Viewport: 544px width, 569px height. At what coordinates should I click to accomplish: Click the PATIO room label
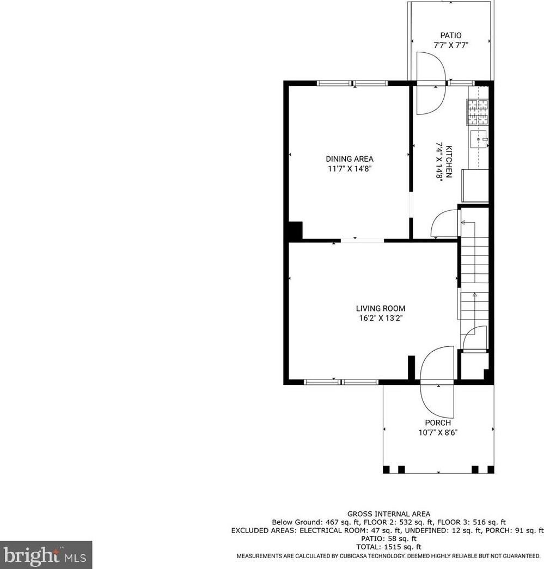(x=451, y=35)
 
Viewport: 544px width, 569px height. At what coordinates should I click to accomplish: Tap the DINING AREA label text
(x=350, y=158)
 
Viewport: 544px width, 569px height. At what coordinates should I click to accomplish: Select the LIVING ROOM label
(x=380, y=308)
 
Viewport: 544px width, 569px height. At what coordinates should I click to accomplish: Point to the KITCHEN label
(x=449, y=162)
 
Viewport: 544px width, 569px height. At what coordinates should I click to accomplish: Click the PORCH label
(x=438, y=423)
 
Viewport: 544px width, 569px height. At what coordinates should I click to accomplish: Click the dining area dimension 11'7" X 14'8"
(x=350, y=169)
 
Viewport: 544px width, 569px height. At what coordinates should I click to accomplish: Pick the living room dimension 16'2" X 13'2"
(x=380, y=318)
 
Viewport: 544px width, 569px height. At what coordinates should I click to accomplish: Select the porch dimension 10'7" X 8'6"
(x=438, y=432)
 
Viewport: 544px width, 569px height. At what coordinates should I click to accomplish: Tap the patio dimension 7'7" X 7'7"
(x=451, y=45)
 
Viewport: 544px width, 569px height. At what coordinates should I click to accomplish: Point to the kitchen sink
(x=479, y=139)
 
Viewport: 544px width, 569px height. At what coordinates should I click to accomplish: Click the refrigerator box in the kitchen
(x=475, y=186)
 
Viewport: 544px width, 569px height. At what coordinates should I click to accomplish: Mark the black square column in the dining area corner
(x=295, y=231)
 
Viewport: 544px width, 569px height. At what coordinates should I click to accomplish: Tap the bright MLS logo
(x=46, y=555)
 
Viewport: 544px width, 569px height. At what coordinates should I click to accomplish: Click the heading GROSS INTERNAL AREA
(x=389, y=514)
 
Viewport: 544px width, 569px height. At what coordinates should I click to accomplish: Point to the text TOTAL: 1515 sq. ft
(x=389, y=547)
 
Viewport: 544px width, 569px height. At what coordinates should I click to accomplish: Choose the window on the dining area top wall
(x=352, y=83)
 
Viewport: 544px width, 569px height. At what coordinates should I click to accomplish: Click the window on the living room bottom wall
(x=341, y=382)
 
